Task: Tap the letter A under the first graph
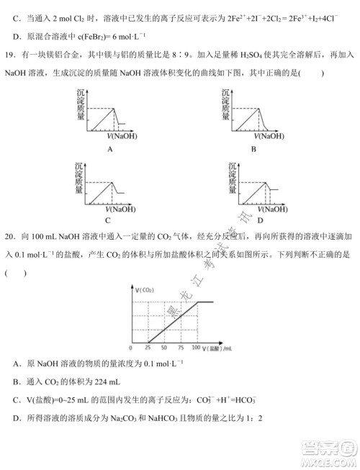pyautogui.click(x=111, y=149)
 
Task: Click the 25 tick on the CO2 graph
pyautogui.click(x=149, y=348)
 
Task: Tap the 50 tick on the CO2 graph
pyautogui.click(x=164, y=348)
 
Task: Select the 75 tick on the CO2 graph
pyautogui.click(x=180, y=348)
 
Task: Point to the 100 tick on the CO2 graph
pyautogui.click(x=196, y=348)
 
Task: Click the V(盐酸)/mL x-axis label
pyautogui.click(x=217, y=348)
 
